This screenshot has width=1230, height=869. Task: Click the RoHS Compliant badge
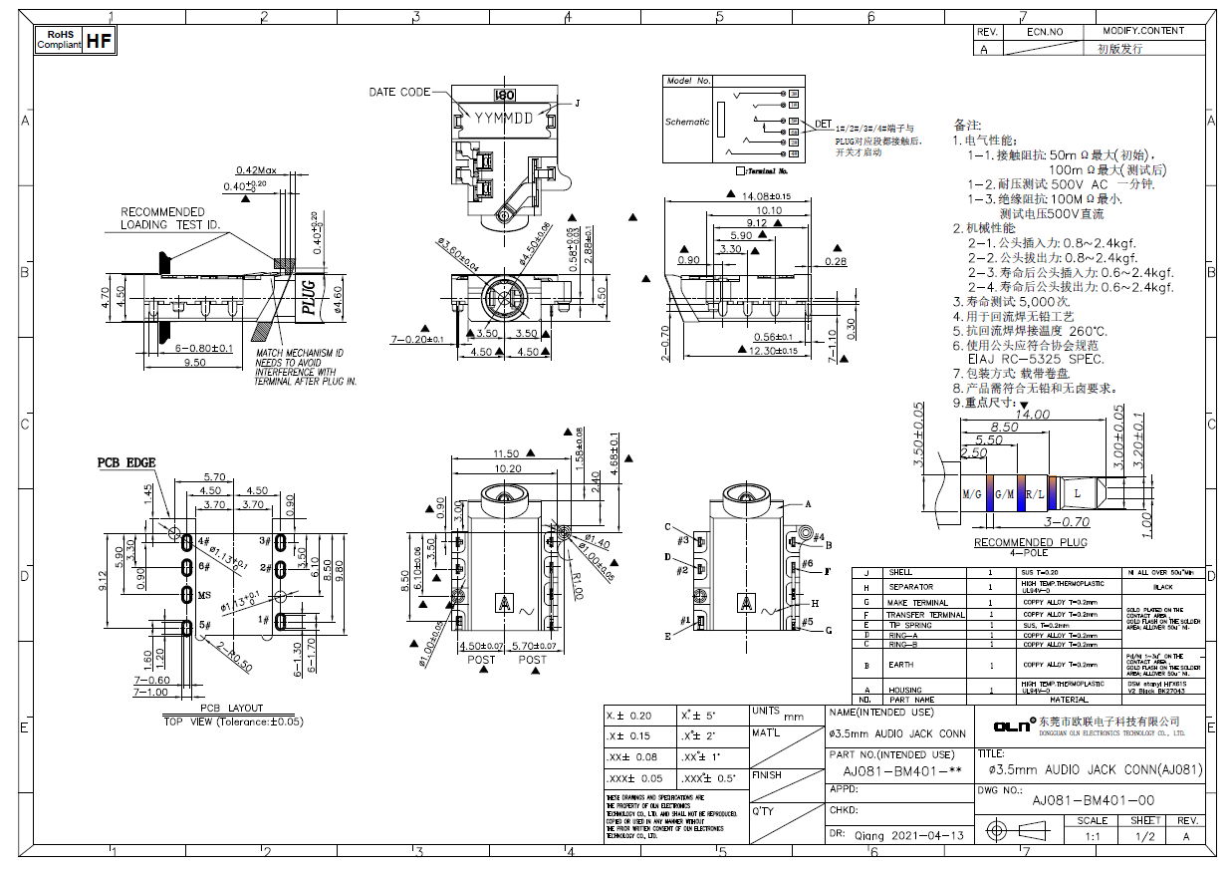tap(58, 40)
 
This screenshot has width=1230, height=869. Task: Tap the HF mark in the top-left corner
tap(100, 40)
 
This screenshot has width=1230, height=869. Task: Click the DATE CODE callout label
tap(399, 92)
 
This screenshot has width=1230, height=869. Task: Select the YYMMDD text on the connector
tap(504, 118)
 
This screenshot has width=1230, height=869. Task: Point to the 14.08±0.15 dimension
tap(766, 197)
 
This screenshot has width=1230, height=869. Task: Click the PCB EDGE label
tap(126, 463)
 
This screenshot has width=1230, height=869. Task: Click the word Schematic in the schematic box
tap(687, 122)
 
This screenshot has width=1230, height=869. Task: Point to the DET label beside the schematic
tap(824, 125)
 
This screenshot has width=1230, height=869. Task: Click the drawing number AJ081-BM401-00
tap(1093, 800)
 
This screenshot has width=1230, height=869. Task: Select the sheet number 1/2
tap(1144, 837)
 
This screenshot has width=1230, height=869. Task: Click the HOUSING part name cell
tap(905, 690)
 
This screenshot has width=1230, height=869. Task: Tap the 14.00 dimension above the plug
tap(1033, 414)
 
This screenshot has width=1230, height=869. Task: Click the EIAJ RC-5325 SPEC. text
tap(1035, 359)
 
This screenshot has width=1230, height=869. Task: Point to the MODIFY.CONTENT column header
tap(1142, 31)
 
